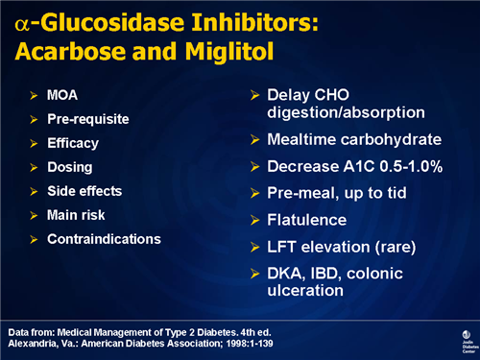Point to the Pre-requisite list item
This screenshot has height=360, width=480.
pos(87,120)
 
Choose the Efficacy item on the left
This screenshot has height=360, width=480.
pos(73,144)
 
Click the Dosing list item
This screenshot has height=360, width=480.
pos(69,167)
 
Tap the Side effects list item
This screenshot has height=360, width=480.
pos(84,191)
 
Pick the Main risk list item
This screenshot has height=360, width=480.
pos(78,214)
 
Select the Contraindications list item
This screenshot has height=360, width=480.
pos(104,238)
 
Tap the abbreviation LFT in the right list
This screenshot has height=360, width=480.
pos(283,247)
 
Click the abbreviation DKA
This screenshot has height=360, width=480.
pos(285,274)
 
